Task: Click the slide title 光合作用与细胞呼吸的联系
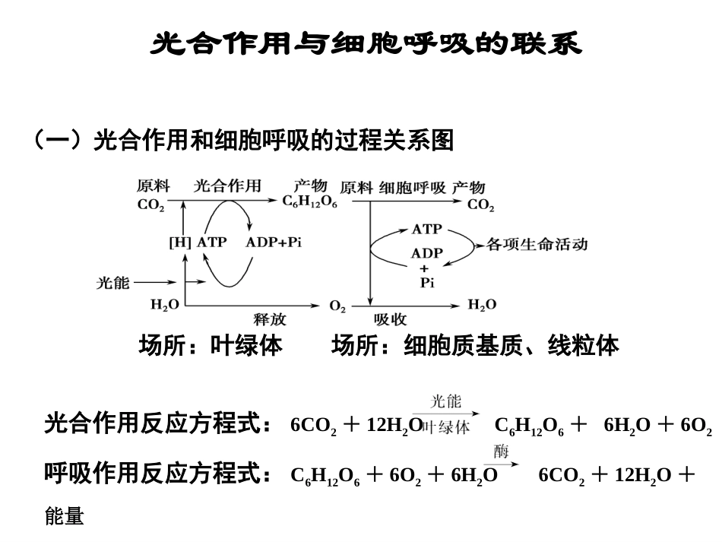pyautogui.click(x=366, y=43)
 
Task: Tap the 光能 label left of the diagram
pyautogui.click(x=113, y=283)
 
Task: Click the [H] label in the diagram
pyautogui.click(x=179, y=242)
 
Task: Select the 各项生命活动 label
pyautogui.click(x=537, y=245)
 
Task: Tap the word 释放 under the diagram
pyautogui.click(x=270, y=319)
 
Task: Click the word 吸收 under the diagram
pyautogui.click(x=390, y=319)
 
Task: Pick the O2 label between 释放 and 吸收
pyautogui.click(x=337, y=306)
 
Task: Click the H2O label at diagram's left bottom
pyautogui.click(x=165, y=305)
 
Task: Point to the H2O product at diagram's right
pyautogui.click(x=482, y=305)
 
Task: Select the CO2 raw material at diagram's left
pyautogui.click(x=150, y=205)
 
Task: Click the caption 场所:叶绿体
pyautogui.click(x=211, y=347)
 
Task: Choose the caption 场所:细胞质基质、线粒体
pyautogui.click(x=475, y=347)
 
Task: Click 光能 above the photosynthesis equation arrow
pyautogui.click(x=445, y=401)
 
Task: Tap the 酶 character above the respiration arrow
pyautogui.click(x=501, y=452)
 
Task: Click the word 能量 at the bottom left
pyautogui.click(x=65, y=518)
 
